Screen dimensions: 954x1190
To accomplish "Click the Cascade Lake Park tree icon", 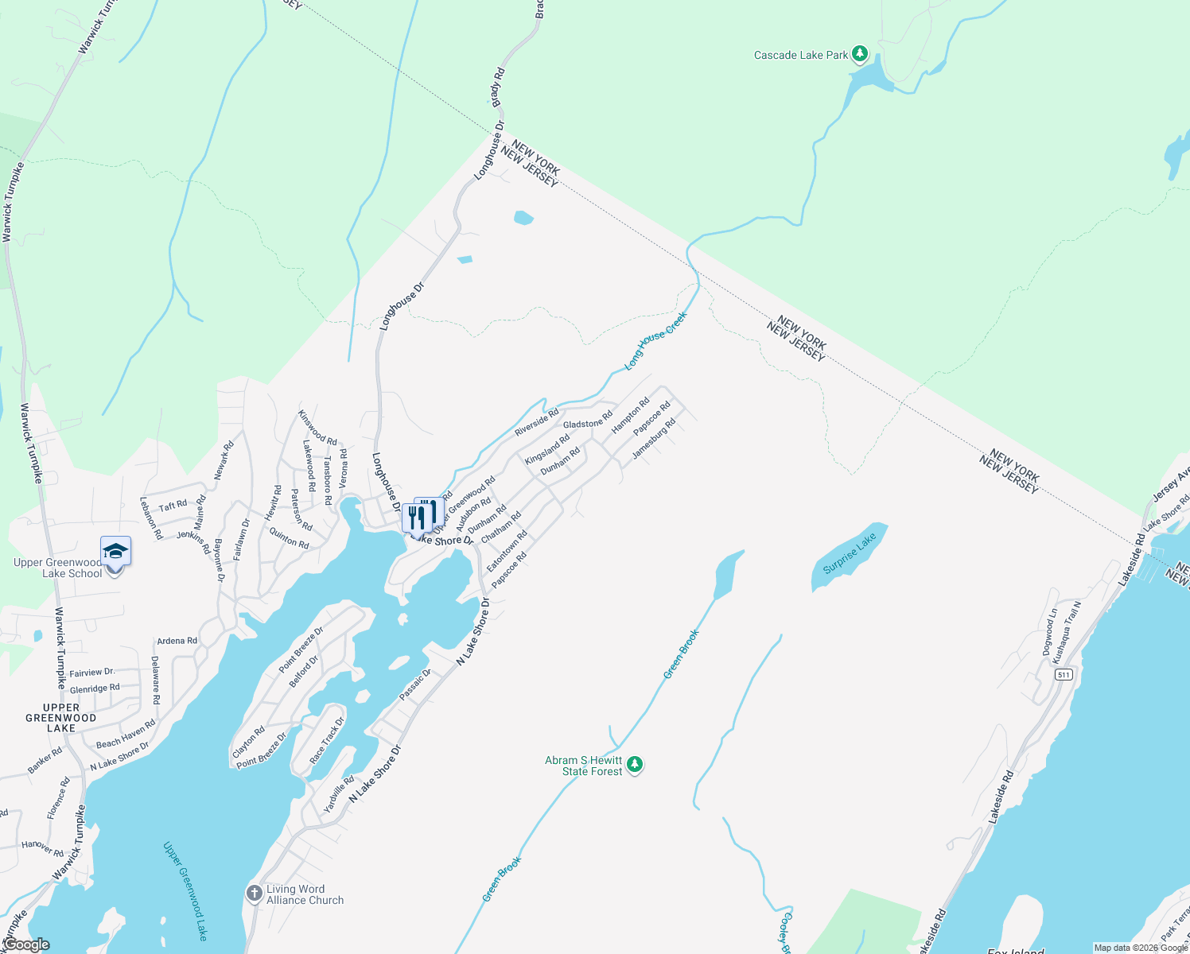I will pos(859,54).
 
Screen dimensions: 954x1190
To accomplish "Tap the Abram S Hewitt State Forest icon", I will pos(634,764).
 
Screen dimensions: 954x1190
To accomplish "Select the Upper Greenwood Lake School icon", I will pos(115,551).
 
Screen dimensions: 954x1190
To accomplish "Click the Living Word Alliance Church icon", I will pos(255,894).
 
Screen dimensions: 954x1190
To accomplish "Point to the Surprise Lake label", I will pos(850,553).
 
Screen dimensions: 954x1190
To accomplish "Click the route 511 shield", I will pos(1064,674).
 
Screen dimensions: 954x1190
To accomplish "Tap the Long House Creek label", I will pos(655,341).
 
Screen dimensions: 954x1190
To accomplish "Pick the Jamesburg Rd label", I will pos(654,439).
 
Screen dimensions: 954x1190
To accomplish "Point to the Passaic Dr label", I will pos(414,684).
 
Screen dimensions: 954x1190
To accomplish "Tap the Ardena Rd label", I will pos(177,641).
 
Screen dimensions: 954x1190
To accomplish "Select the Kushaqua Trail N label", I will pos(1067,633).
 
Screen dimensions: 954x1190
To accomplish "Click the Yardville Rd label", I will pos(338,794).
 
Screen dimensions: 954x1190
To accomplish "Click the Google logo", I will pos(26,944).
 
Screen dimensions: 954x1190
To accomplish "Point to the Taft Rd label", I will pos(173,506).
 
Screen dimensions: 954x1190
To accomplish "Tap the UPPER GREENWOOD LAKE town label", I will pos(61,717).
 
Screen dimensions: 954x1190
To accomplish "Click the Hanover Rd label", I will pos(42,848).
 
